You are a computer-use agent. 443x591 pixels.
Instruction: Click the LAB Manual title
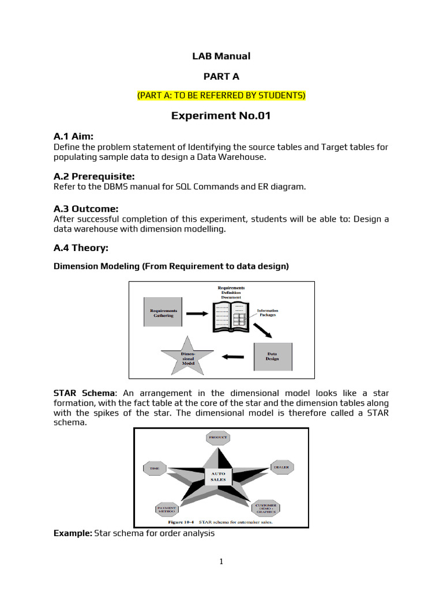(x=221, y=56)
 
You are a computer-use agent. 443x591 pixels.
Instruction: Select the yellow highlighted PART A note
(x=221, y=95)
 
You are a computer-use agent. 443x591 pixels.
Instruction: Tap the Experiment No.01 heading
(x=221, y=116)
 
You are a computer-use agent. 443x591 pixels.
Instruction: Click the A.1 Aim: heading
(x=73, y=136)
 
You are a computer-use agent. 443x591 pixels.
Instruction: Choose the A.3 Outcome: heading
(x=86, y=208)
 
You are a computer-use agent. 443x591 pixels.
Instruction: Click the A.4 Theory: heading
(x=81, y=248)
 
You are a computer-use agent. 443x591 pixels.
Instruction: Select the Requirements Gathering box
(x=163, y=312)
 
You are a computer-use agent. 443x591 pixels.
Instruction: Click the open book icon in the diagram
(x=231, y=317)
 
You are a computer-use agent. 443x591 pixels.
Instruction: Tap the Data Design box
(x=273, y=356)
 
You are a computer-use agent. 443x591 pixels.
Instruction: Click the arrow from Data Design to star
(x=232, y=356)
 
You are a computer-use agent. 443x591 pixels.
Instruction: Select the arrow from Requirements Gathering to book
(x=196, y=313)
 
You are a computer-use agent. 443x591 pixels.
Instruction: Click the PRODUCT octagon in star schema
(x=218, y=438)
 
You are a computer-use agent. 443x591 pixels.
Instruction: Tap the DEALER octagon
(x=281, y=467)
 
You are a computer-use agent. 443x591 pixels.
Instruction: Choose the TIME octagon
(x=155, y=469)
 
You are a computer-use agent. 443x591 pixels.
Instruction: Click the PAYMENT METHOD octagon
(x=168, y=509)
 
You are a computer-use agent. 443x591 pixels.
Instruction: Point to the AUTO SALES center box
(x=219, y=477)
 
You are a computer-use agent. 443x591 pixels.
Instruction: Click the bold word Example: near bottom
(x=73, y=534)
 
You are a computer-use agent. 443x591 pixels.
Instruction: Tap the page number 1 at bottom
(x=221, y=562)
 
